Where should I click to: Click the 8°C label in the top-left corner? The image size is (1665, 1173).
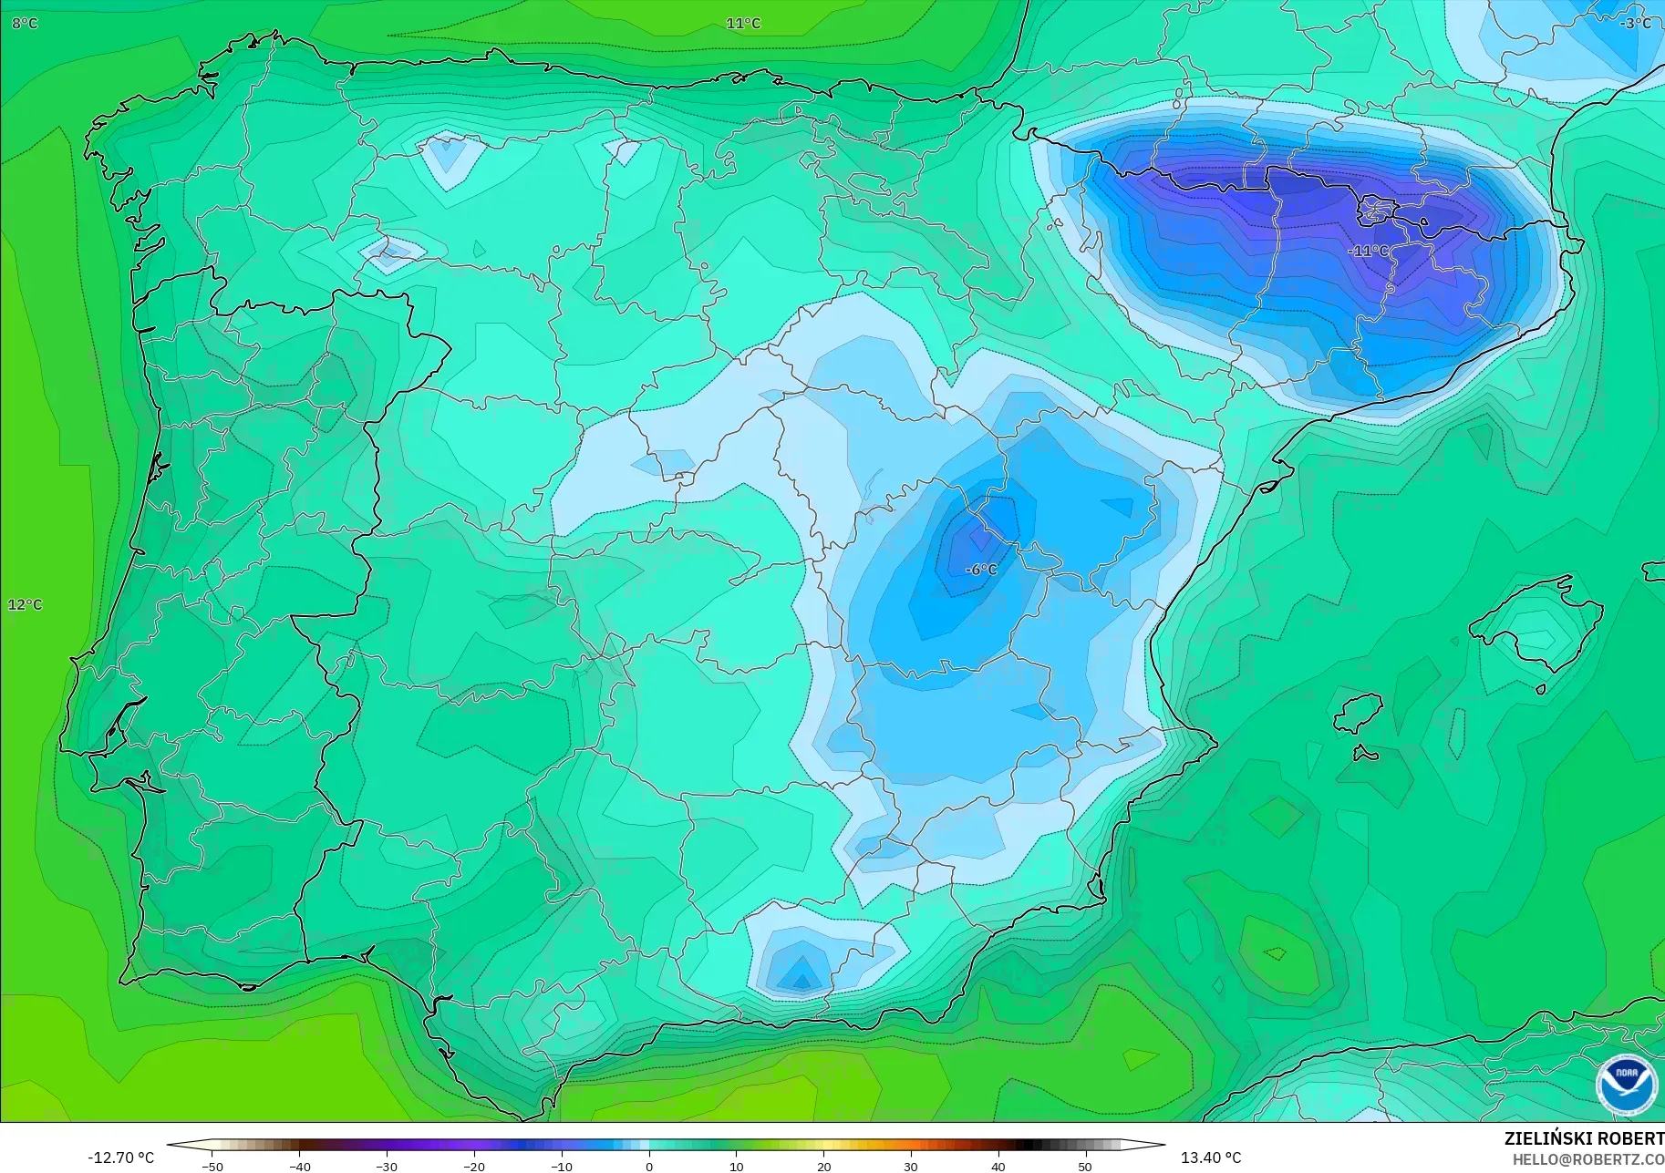coord(25,23)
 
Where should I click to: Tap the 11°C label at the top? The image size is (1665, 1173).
coord(743,23)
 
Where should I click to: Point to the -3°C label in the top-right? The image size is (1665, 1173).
coord(1635,23)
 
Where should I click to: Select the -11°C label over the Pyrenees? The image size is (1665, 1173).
coord(1368,251)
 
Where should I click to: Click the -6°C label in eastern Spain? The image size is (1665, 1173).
coord(981,570)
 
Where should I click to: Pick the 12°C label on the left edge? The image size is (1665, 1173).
coord(25,604)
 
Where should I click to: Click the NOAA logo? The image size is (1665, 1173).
coord(1626,1085)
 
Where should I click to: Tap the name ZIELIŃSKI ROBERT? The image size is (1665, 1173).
coord(1584,1138)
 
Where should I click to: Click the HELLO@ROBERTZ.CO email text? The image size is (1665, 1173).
coord(1588,1159)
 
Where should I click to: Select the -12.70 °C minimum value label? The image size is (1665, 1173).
coord(120,1158)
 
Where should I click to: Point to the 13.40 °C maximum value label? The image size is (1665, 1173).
coord(1211,1158)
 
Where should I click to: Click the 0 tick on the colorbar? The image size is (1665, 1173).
coord(648,1166)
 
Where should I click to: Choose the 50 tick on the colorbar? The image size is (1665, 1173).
coord(1084,1166)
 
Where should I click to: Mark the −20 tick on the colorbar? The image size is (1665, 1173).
coord(473,1166)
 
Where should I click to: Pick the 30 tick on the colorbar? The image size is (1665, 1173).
coord(910,1166)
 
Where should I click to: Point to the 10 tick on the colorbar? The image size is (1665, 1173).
coord(736,1166)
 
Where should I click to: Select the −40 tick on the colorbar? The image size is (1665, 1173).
coord(299,1166)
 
